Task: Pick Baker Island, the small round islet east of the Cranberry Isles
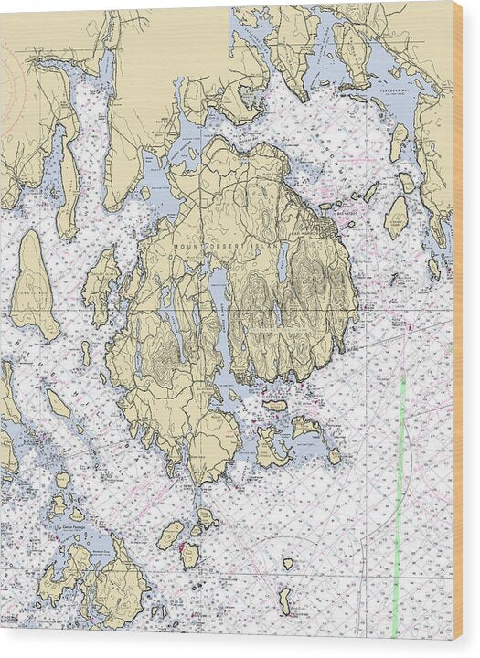[x=335, y=455]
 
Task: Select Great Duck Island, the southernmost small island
[x=285, y=600]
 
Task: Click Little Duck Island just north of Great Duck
[x=288, y=564]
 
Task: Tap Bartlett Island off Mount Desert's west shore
[x=101, y=283]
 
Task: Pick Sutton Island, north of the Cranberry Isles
[x=274, y=405]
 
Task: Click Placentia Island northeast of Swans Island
[x=170, y=534]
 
